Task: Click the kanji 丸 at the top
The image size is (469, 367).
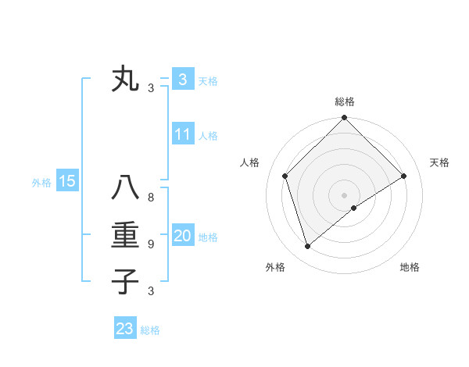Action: coord(125,80)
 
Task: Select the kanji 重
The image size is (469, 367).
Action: coord(125,236)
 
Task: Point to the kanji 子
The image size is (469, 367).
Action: coord(125,281)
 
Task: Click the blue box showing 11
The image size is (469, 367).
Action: coord(182,134)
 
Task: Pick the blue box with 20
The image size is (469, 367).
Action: coord(182,236)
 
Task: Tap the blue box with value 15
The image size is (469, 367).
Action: coord(66,182)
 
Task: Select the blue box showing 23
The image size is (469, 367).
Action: coord(125,328)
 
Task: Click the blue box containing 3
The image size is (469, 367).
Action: coord(182,80)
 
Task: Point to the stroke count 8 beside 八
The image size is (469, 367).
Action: coord(151,198)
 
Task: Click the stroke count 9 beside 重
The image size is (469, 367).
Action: coord(151,244)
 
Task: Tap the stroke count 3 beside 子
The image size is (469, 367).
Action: coord(151,291)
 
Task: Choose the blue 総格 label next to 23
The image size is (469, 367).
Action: coord(150,330)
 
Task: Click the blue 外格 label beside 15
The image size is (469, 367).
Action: coord(41,183)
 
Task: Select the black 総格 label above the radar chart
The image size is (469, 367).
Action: coord(344,102)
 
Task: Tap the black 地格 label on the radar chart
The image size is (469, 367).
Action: coord(410,267)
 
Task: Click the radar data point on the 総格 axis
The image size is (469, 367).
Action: coord(344,119)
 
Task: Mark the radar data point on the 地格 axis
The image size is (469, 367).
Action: coord(354,208)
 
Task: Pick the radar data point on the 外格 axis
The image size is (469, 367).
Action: coord(308,246)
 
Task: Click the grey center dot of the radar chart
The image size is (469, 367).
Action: coord(344,195)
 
